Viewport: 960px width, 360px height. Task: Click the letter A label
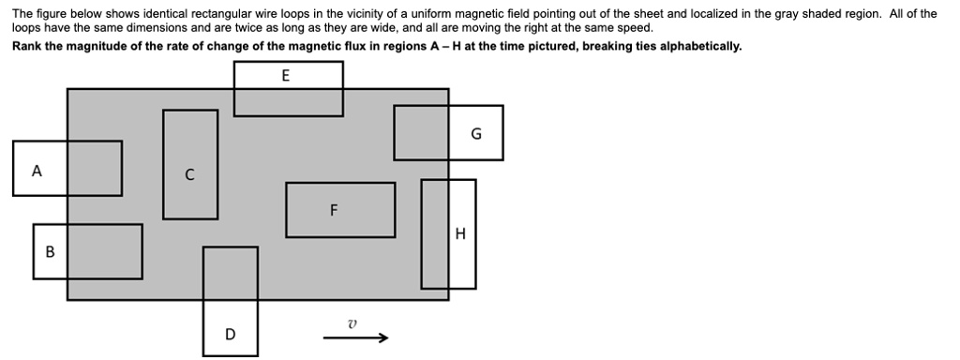click(37, 171)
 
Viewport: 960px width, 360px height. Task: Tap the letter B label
click(50, 251)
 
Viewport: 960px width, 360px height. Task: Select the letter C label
click(189, 174)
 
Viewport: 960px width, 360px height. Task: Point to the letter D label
click(231, 334)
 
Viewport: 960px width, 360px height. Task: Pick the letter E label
click(286, 75)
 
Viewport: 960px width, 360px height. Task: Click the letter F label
click(333, 210)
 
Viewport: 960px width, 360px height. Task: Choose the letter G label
click(476, 133)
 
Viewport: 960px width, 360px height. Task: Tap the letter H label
click(459, 234)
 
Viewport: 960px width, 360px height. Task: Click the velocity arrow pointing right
click(355, 338)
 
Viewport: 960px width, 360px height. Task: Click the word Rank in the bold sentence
click(26, 46)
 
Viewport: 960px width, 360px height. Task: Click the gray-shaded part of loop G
click(421, 132)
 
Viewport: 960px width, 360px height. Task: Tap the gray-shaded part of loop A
click(95, 169)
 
